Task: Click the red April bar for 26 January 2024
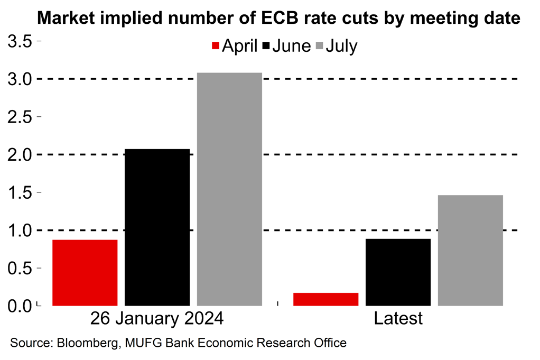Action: point(85,273)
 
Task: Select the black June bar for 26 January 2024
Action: point(157,227)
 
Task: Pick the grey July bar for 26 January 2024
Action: point(229,189)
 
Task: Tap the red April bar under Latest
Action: point(325,299)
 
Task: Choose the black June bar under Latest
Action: point(398,272)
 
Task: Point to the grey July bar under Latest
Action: point(470,251)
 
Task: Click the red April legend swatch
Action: point(215,47)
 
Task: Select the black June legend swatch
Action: point(266,47)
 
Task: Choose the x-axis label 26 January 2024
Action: point(157,319)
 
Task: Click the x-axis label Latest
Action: point(398,319)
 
